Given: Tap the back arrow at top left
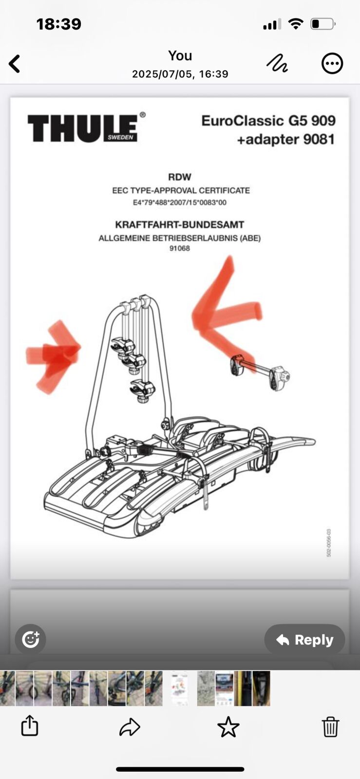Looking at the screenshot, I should pos(15,64).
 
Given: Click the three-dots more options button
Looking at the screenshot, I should pos(332,63).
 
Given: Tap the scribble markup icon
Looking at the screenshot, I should pos(277,63).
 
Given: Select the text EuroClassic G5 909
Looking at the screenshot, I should pos(268,121).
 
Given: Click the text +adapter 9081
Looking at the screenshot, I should pos(286,140).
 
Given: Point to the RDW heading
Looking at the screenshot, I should pos(180,177).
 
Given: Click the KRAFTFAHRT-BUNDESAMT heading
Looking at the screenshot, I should pos(180,225).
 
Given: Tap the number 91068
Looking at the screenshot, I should pos(180,248).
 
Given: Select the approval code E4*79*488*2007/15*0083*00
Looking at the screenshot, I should pos(180,203).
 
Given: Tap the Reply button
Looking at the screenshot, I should pos(304,640).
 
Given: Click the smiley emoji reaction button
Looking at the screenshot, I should pos(30,639).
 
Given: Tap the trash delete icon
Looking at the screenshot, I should pos(330,726).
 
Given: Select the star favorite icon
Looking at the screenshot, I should pos(228,727).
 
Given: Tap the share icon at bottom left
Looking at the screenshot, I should pos(30,725).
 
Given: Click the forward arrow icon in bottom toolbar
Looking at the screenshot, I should pos(130,727).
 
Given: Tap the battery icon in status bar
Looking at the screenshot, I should pos(322,24).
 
